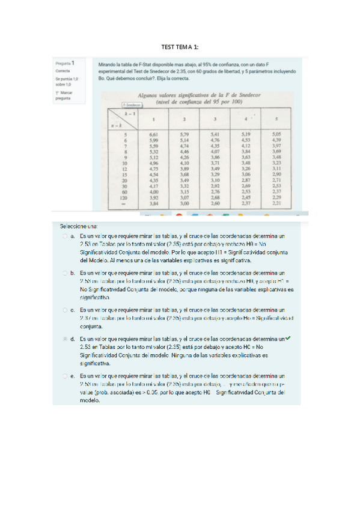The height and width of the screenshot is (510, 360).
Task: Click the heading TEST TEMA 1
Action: point(180,47)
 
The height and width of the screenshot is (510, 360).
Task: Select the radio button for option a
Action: point(65,238)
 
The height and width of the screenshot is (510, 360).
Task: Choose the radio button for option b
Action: point(65,273)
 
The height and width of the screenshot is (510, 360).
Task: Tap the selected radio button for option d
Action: point(65,339)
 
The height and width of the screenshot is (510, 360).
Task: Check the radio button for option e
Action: point(65,375)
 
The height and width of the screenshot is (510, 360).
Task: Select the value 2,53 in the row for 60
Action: point(245,191)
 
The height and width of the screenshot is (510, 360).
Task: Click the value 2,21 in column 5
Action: point(276,203)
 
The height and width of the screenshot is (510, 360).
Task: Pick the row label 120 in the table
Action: point(124,197)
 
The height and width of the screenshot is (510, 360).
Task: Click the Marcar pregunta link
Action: point(63,96)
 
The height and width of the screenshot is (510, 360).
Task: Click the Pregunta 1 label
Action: point(64,63)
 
